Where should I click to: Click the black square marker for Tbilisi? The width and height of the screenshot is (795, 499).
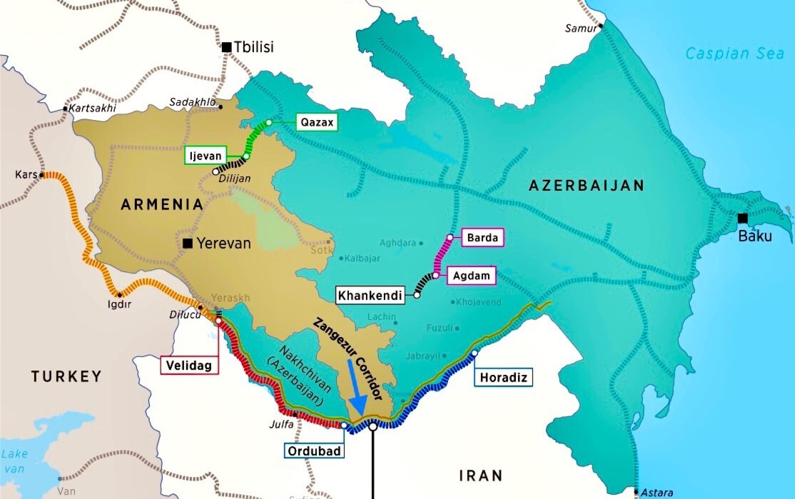(226, 47)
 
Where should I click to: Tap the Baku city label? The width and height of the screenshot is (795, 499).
(755, 236)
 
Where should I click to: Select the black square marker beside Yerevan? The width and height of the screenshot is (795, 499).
(188, 243)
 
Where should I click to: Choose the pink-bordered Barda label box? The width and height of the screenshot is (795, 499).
(483, 237)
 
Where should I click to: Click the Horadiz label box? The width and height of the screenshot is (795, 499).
(504, 378)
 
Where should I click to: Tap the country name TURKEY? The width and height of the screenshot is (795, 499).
(66, 375)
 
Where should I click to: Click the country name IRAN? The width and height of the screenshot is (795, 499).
(480, 475)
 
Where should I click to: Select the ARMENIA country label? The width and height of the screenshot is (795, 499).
(162, 205)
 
